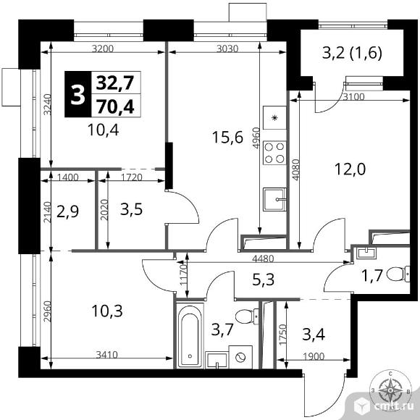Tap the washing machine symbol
tap(240, 357)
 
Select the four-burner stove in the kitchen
tap(274, 153)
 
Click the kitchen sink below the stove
tap(274, 199)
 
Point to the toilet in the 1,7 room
tap(398, 274)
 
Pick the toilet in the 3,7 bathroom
tap(247, 316)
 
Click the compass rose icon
tap(390, 390)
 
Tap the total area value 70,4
tap(115, 106)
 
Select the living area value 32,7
tap(115, 83)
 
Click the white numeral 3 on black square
tap(77, 94)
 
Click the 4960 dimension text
tap(256, 138)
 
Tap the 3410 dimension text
tap(107, 355)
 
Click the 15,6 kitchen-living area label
tap(227, 138)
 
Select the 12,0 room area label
tap(350, 169)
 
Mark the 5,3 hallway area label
tap(264, 280)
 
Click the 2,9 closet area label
tap(68, 211)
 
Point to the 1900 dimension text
tap(314, 356)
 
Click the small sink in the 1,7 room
tap(366, 253)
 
